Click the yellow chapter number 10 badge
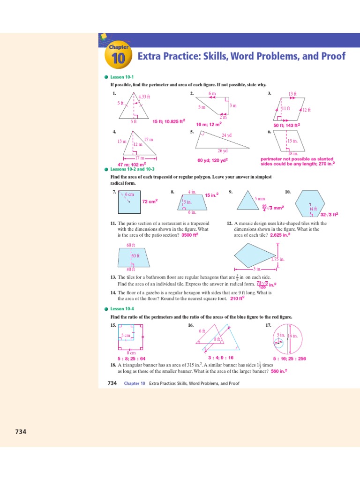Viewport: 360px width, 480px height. point(118,58)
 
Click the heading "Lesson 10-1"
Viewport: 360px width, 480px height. point(122,77)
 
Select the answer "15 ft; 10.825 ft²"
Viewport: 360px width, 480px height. point(169,121)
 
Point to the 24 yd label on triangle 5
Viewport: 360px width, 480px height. point(227,135)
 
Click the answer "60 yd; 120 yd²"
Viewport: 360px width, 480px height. point(212,160)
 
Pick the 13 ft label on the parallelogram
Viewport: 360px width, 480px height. point(292,94)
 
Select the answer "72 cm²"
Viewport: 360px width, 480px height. point(150,201)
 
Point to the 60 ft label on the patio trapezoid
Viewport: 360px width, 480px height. point(131,245)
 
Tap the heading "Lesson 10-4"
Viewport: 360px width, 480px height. point(122,309)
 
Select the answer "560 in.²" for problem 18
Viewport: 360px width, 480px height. point(279,371)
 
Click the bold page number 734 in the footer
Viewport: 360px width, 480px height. point(112,383)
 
